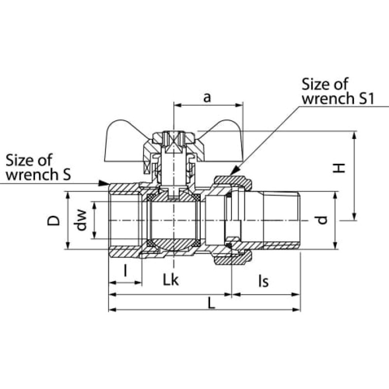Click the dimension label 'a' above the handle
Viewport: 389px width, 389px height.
tap(207, 98)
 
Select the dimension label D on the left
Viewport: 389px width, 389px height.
tap(53, 221)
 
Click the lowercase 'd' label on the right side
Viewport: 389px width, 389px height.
tap(322, 220)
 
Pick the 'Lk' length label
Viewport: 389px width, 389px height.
tap(171, 280)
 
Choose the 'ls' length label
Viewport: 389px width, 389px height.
tap(264, 281)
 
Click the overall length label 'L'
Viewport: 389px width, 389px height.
tap(211, 303)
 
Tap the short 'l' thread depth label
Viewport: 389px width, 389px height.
tap(125, 270)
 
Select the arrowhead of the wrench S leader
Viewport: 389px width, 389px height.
tap(104, 183)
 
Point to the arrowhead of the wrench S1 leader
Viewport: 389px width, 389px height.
tap(235, 171)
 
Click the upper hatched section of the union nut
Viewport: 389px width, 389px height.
tap(233, 183)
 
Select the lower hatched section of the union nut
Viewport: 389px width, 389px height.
tap(233, 258)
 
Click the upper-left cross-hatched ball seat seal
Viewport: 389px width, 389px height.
tap(151, 198)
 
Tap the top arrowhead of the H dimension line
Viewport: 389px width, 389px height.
tap(354, 136)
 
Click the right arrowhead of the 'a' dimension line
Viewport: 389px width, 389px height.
tap(238, 105)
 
